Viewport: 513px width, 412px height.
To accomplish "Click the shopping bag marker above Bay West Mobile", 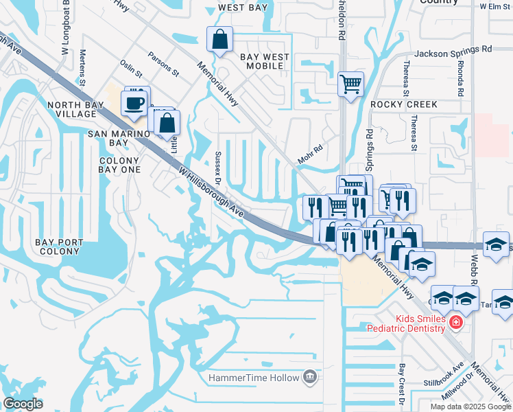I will pos(219,41).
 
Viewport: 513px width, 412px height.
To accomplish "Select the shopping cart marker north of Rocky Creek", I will pos(350,84).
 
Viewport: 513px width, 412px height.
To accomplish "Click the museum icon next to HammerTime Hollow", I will pos(310,378).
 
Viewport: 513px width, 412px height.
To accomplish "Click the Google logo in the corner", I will pos(23,403).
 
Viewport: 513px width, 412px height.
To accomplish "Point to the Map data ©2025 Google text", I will pos(470,407).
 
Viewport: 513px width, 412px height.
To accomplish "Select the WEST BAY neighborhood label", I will pos(241,8).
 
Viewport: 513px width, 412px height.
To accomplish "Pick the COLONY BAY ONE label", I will pos(114,165).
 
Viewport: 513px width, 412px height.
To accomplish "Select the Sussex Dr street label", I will pos(219,168).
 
